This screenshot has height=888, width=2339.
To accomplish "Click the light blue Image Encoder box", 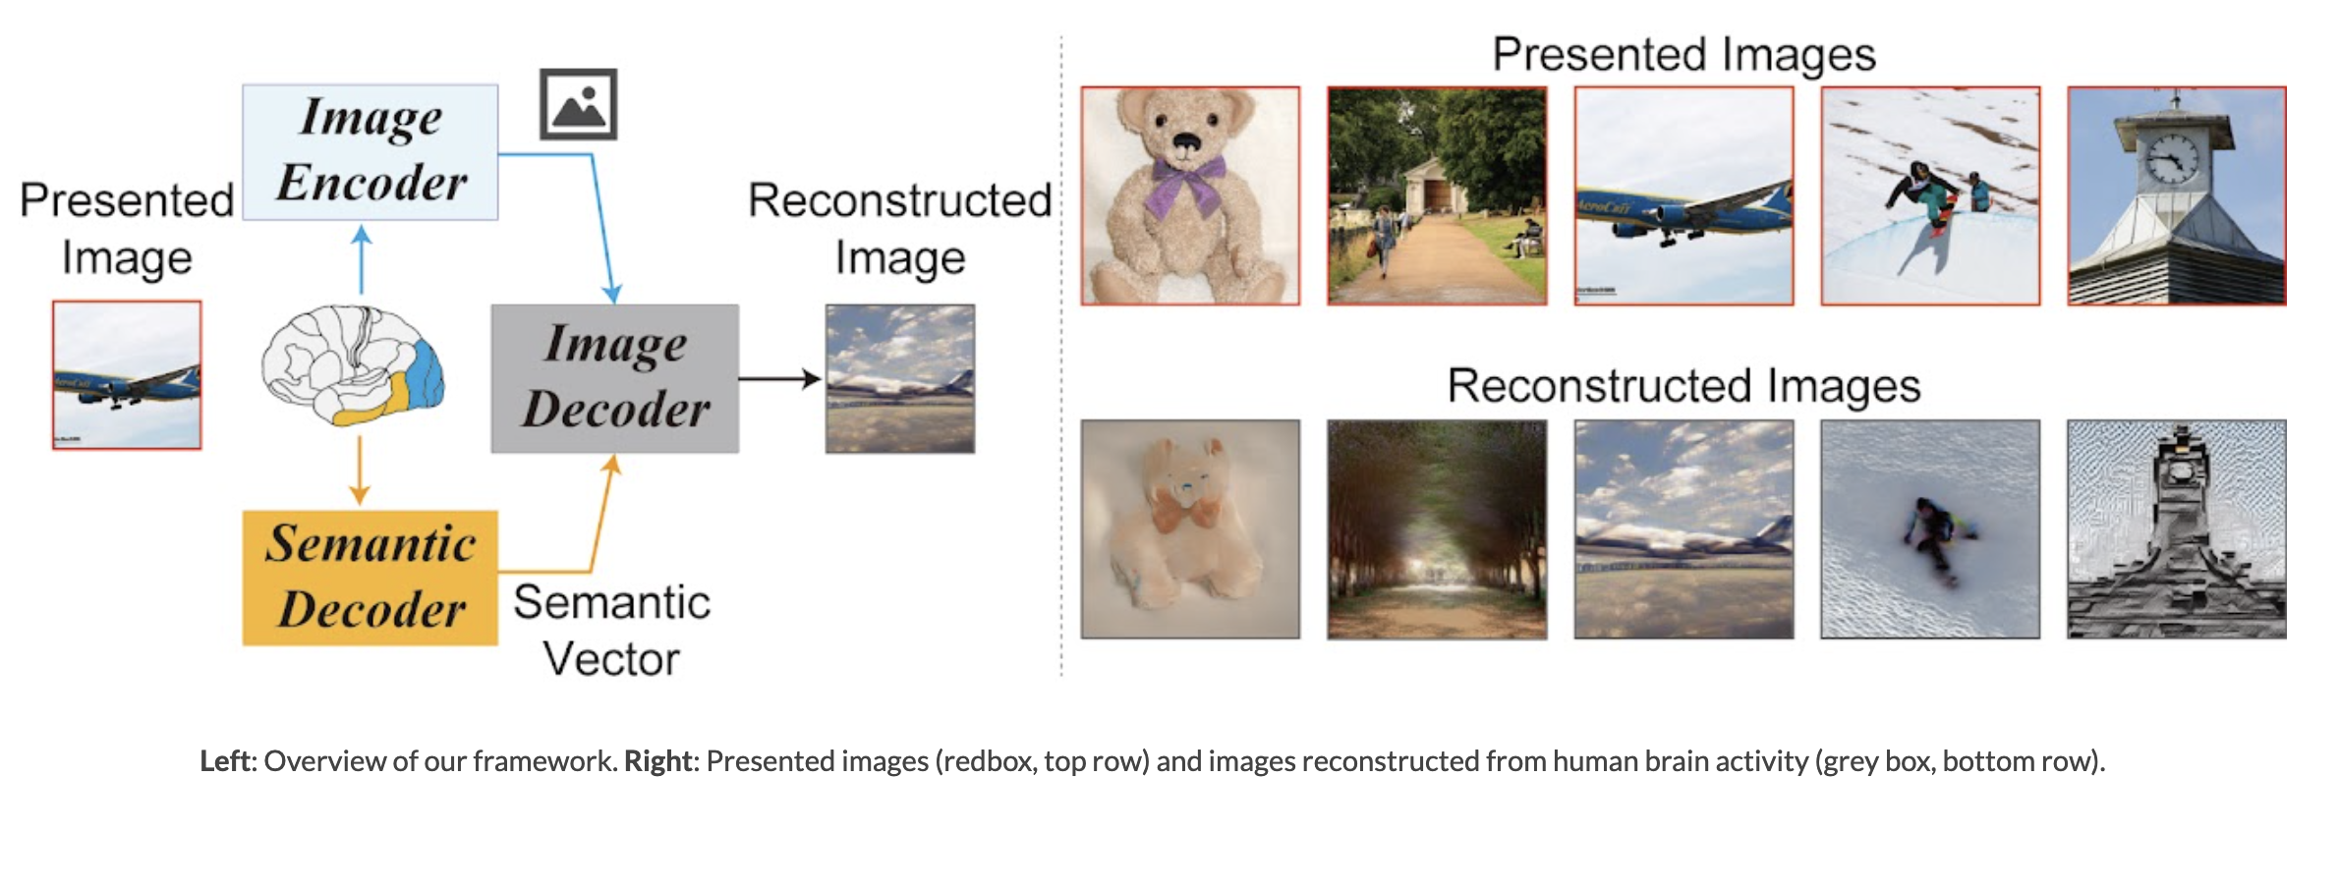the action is [x=371, y=152].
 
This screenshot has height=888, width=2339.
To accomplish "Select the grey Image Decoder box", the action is [x=615, y=378].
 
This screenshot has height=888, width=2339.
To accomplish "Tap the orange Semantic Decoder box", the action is [x=371, y=578].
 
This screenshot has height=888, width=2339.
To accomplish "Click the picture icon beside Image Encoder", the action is [x=579, y=104].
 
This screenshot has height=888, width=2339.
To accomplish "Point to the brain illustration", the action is [x=353, y=364].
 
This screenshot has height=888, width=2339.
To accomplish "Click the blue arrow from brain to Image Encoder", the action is [x=362, y=260].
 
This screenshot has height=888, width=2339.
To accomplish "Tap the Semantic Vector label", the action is [x=611, y=630].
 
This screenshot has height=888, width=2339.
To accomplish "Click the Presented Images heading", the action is [x=1684, y=54].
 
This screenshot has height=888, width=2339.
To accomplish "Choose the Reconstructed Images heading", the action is [x=1684, y=386].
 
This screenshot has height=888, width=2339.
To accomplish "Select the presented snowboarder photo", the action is [x=1931, y=196].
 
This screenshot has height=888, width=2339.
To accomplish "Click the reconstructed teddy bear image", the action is [x=1190, y=529].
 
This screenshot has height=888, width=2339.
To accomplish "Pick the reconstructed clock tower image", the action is [x=2177, y=529].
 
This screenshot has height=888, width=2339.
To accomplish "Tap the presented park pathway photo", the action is [x=1437, y=196].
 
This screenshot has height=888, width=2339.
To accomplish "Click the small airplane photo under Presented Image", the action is [x=127, y=375].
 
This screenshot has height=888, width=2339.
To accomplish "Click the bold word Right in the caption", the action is [x=657, y=761].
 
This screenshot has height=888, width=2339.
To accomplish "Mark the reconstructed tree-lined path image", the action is [x=1437, y=529].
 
